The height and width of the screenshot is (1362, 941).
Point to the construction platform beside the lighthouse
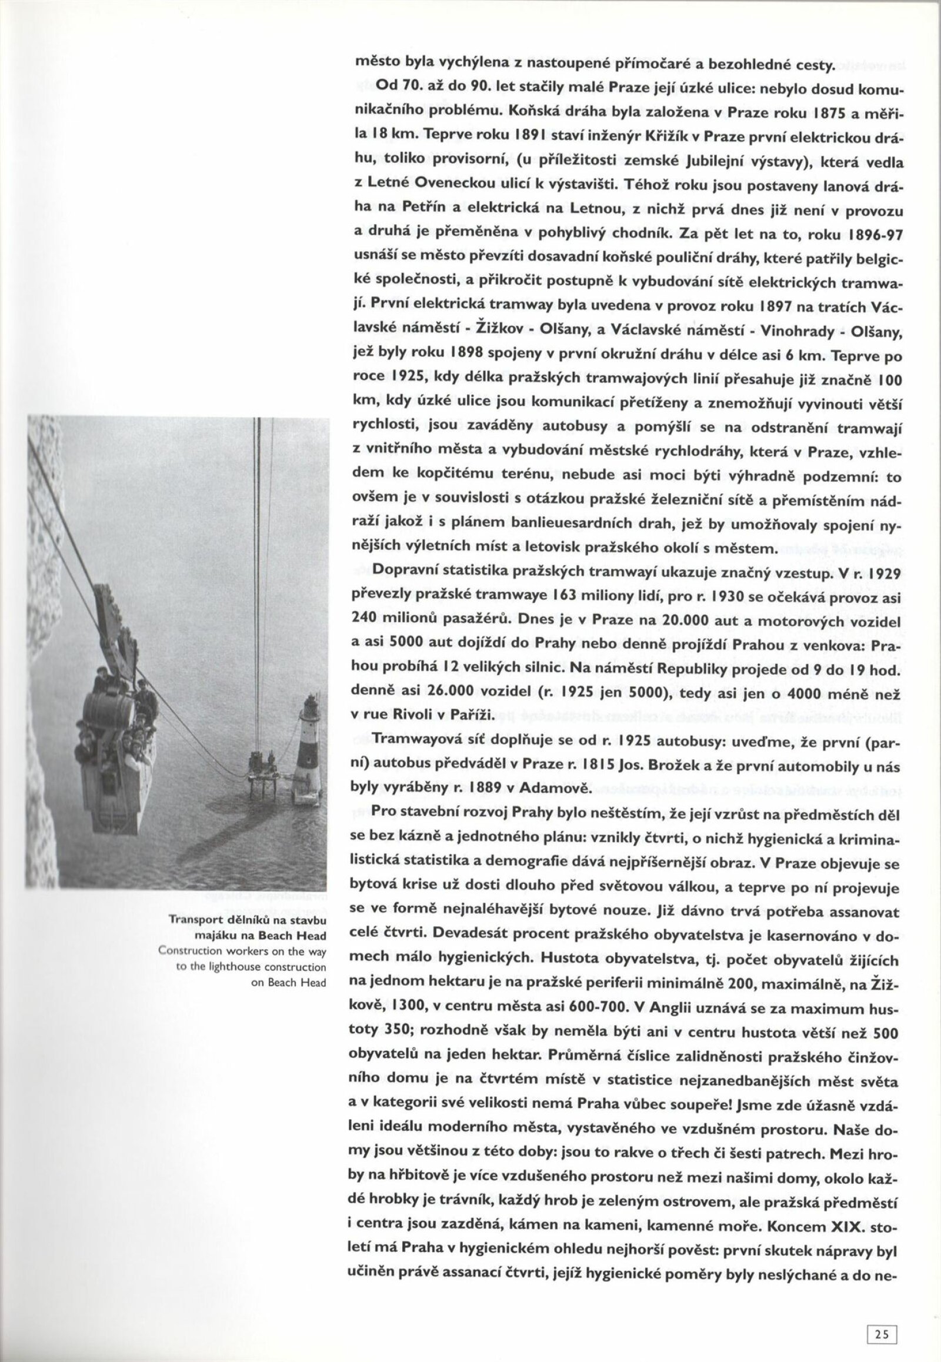point(264,773)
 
